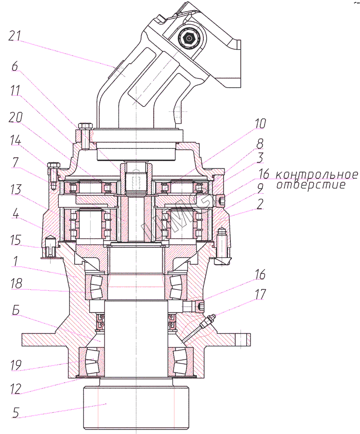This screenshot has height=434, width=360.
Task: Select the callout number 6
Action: click(x=15, y=67)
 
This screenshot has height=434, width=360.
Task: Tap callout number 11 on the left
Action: click(x=15, y=91)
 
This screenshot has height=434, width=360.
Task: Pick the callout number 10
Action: click(x=260, y=123)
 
